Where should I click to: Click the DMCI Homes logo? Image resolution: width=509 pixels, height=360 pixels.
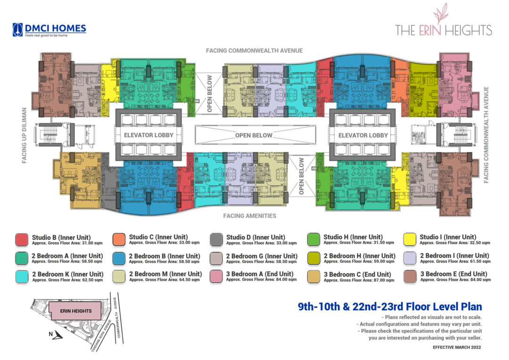[49, 30]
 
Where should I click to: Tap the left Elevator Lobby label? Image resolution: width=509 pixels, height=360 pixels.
[148, 135]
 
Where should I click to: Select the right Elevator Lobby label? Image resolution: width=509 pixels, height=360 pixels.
[363, 135]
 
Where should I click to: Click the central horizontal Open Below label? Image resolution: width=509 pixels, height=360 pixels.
[254, 135]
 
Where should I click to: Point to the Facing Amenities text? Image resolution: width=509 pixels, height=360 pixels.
[250, 216]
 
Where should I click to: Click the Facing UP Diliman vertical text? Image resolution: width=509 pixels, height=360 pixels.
[24, 136]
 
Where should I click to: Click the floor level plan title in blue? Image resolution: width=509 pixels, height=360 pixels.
[390, 307]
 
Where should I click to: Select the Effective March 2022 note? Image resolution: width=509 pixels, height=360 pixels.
[457, 347]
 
